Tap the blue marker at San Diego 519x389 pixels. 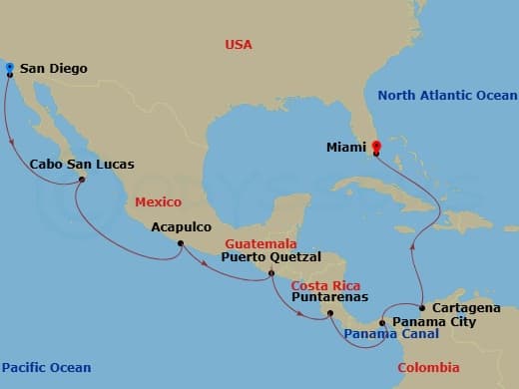9,69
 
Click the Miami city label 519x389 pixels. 345,148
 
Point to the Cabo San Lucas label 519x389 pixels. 82,164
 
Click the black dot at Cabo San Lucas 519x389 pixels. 82,179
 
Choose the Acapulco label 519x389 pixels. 182,226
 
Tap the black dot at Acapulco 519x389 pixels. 181,242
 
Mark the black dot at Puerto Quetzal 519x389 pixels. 271,270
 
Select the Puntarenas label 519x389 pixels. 329,296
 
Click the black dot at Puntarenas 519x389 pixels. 330,314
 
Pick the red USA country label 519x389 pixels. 239,45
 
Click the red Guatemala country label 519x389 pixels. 259,242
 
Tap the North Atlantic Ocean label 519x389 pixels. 448,96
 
